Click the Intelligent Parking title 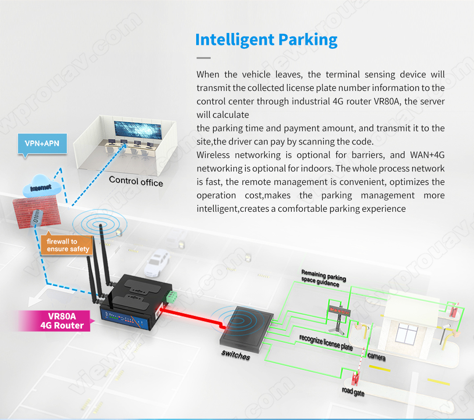(x=266, y=40)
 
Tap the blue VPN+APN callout (x=42, y=144)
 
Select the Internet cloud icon (x=41, y=186)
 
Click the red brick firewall (x=36, y=213)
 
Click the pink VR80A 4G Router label (x=57, y=321)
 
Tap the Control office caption (x=136, y=181)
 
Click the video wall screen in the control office (x=138, y=130)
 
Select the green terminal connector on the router (x=172, y=297)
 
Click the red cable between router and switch (x=192, y=317)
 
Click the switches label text (x=236, y=355)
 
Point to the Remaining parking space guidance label (x=323, y=278)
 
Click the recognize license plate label (x=326, y=342)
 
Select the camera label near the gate (x=377, y=356)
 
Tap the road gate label (x=353, y=391)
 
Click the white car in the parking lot (x=157, y=263)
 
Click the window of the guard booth (x=407, y=333)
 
